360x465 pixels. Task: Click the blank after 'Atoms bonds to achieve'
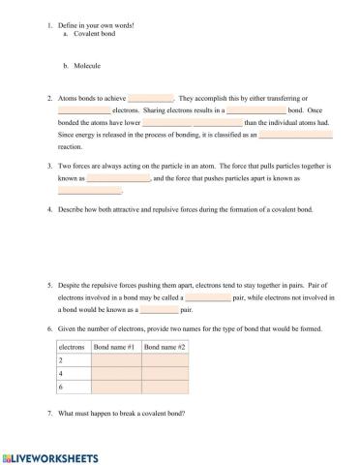click(150, 98)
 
